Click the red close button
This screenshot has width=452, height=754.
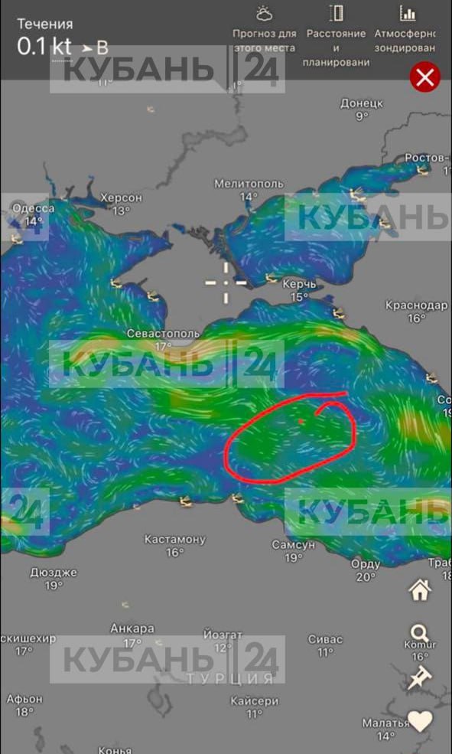coord(425,77)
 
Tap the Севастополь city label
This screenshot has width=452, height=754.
coord(163,334)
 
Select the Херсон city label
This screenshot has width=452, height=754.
coord(121,197)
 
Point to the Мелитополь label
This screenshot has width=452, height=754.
coord(249,184)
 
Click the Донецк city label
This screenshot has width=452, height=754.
coord(361,103)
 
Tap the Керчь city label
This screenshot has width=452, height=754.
coord(299,284)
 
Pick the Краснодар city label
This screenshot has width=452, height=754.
coord(416,305)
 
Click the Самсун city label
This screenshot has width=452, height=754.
coord(293,545)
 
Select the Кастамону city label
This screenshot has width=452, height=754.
coord(174,539)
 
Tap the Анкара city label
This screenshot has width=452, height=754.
coord(132,628)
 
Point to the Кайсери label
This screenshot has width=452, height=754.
coord(254,700)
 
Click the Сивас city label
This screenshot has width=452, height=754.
coord(325,639)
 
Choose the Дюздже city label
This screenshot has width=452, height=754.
coord(53,572)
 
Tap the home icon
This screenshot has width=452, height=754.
coord(420,590)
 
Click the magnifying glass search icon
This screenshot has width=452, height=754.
coord(419,633)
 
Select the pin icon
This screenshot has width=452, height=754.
coord(419,677)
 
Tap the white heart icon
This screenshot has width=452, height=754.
coord(420,720)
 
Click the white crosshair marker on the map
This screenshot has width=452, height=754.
coord(226,282)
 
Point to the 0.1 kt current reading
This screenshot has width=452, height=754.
coord(44,46)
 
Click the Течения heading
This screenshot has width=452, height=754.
coord(45,24)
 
